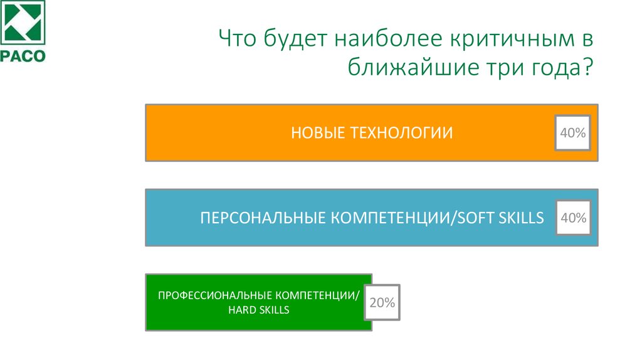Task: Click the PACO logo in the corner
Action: [23, 24]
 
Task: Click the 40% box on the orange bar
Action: [572, 133]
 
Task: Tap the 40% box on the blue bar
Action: [572, 218]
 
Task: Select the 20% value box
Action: [382, 303]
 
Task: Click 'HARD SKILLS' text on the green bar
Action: [258, 310]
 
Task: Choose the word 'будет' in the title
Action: [290, 40]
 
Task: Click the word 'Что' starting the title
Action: [236, 40]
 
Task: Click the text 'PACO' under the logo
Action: [23, 55]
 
